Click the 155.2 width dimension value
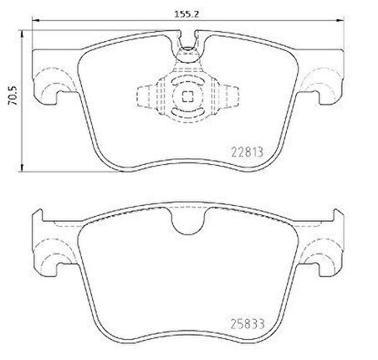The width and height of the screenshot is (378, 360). [186, 14]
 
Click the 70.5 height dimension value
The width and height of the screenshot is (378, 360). [13, 95]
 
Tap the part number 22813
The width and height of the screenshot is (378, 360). [248, 152]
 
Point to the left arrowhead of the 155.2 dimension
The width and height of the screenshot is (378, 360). [35, 20]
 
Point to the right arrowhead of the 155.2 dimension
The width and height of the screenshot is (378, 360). [340, 20]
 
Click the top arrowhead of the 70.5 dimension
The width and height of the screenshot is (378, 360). [22, 34]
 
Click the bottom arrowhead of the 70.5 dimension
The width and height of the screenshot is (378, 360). [22, 168]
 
